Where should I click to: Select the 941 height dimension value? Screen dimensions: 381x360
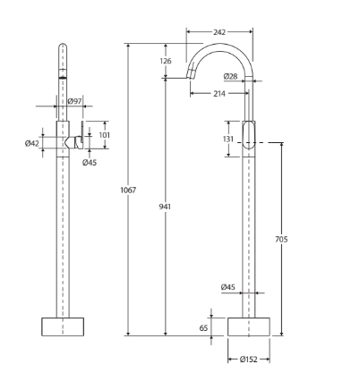click(x=165, y=207)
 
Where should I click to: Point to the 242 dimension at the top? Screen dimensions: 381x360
click(x=219, y=31)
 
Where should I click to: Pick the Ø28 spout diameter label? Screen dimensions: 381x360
click(x=230, y=77)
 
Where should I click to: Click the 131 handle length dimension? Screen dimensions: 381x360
click(x=229, y=139)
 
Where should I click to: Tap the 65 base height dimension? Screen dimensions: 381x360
click(x=204, y=328)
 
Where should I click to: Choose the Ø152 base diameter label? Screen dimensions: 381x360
click(x=249, y=359)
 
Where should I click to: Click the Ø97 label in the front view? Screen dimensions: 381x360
click(x=76, y=101)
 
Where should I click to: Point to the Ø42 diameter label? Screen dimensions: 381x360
click(x=32, y=143)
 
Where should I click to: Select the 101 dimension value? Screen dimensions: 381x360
click(x=103, y=135)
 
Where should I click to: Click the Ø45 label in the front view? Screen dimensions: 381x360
click(x=90, y=163)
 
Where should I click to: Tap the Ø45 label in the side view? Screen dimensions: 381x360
click(x=227, y=287)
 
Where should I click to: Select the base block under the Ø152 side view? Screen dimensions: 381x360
click(x=249, y=326)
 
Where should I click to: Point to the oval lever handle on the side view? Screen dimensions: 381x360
click(x=250, y=137)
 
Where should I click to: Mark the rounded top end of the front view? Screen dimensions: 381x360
click(x=63, y=48)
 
